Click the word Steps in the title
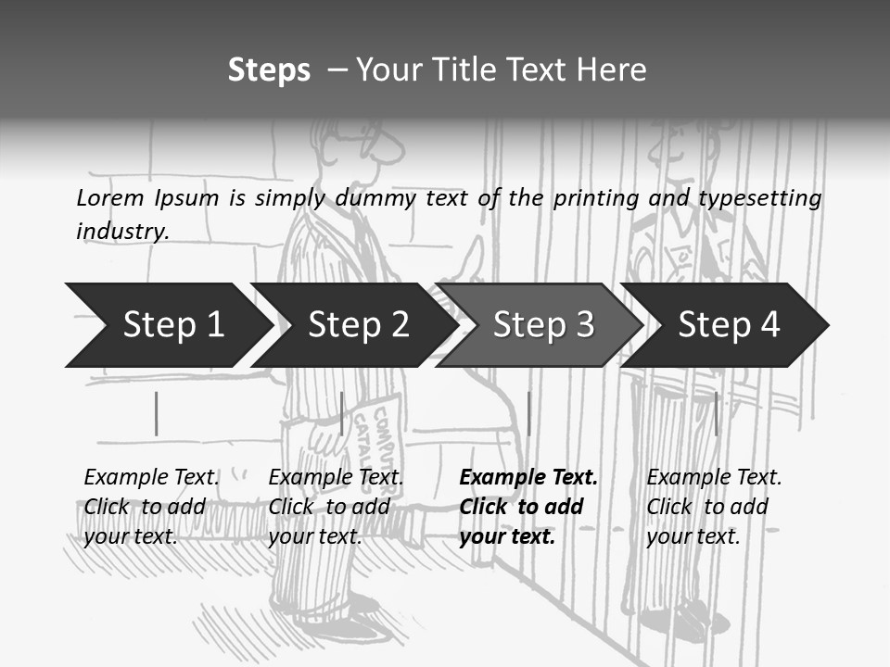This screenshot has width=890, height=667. coord(269,70)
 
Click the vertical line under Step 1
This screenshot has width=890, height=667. coord(157,413)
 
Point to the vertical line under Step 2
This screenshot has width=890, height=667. coord(342,413)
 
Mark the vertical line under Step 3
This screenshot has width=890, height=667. coord(528,413)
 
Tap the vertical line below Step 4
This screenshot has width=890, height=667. coord(716,413)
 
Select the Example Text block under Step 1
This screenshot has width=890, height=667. coord(151,507)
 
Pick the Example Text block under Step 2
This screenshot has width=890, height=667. coord(336,507)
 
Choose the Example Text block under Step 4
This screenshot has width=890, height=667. coord(714,507)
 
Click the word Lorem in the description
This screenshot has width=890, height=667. coord(109,198)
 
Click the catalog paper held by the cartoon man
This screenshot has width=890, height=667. coord(380,435)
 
